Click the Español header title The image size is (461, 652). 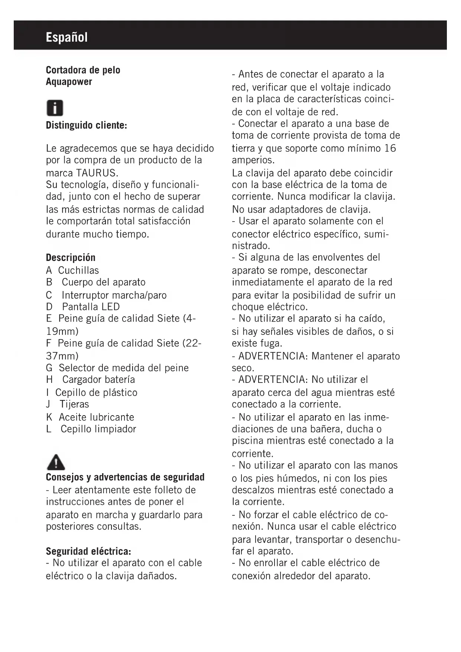[x=67, y=37]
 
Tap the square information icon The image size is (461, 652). [x=55, y=108]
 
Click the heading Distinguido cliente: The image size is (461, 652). [x=87, y=125]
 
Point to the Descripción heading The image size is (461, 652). [x=71, y=258]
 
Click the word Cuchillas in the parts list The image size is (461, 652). [x=78, y=270]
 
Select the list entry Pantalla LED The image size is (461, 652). [x=91, y=307]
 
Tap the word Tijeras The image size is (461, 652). [x=74, y=404]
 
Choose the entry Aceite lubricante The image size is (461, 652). [x=96, y=417]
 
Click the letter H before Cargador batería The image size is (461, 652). [x=49, y=380]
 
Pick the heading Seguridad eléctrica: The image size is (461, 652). [x=88, y=551]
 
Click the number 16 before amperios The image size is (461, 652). [x=390, y=148]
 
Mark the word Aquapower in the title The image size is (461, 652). [x=69, y=82]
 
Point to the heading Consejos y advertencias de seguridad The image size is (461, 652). [x=125, y=477]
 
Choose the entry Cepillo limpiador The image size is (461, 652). [x=98, y=429]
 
